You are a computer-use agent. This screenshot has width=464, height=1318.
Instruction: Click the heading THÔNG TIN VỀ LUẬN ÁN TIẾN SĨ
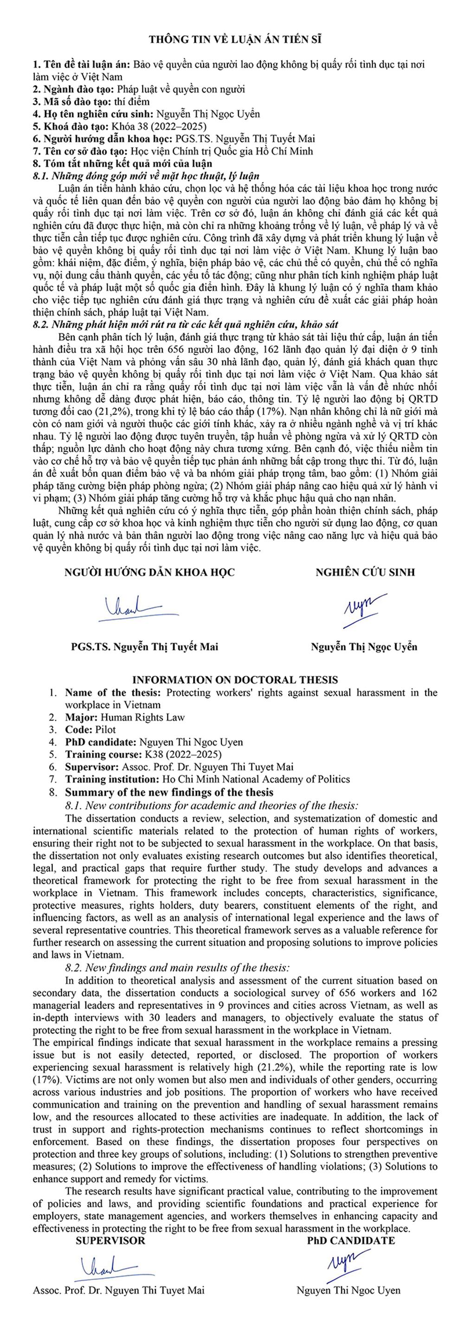tap(235, 40)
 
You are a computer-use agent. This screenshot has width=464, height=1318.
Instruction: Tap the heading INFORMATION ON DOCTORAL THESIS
tap(235, 679)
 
